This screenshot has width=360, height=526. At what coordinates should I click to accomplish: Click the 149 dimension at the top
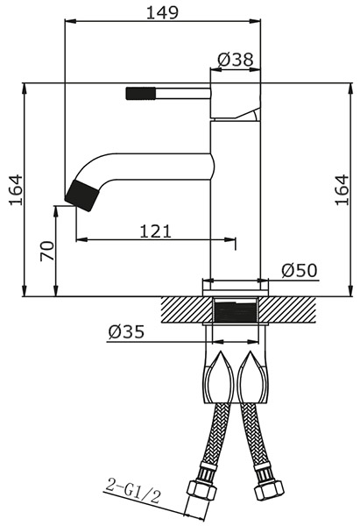[163, 13]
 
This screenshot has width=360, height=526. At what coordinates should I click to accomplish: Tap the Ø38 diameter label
[236, 60]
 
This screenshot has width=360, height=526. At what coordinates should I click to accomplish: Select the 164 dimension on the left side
[16, 190]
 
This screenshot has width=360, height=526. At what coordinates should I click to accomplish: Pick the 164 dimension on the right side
[342, 190]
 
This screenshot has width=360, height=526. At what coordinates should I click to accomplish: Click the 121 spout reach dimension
[155, 231]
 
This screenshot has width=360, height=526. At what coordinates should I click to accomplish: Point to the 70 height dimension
[46, 251]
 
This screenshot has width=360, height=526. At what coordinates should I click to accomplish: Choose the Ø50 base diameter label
[299, 270]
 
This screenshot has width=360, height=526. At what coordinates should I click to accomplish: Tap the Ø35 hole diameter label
[126, 331]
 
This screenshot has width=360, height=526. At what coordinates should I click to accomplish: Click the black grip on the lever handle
[141, 93]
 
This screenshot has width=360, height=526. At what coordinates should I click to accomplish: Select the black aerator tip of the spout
[82, 195]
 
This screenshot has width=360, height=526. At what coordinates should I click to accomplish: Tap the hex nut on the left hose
[201, 490]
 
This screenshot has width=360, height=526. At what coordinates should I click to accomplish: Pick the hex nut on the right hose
[269, 490]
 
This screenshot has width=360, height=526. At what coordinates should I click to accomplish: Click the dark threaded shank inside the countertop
[236, 312]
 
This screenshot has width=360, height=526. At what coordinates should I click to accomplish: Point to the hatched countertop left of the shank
[187, 310]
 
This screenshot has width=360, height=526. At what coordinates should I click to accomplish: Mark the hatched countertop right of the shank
[287, 310]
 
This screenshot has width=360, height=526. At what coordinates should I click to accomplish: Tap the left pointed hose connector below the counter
[219, 376]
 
